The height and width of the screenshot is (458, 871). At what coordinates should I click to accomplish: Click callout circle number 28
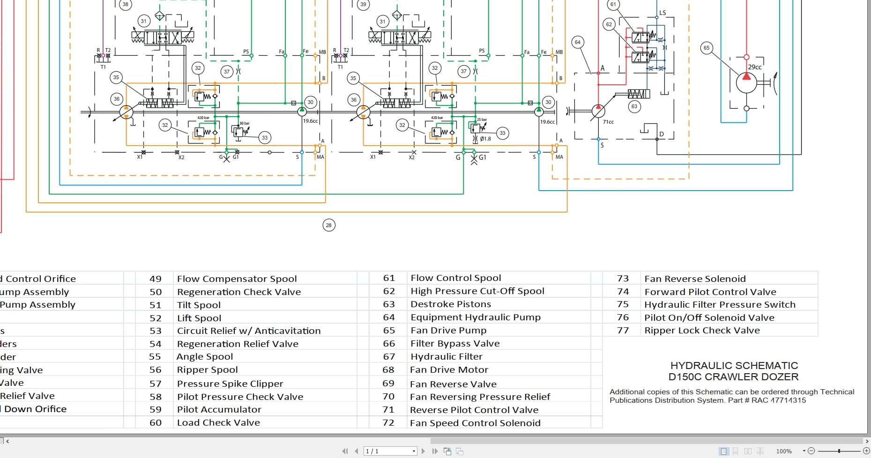tap(328, 225)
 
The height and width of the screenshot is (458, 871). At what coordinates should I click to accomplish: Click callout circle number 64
tap(578, 42)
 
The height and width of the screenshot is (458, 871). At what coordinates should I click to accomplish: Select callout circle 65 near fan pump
tap(707, 48)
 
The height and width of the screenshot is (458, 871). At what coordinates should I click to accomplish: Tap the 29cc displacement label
tap(754, 67)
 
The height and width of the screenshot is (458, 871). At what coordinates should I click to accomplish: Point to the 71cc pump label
tap(608, 122)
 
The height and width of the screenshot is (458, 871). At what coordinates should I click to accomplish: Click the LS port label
tap(663, 13)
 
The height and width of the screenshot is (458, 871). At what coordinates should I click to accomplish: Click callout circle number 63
tap(634, 106)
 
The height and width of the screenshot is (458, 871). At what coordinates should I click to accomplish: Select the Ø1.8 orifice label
tap(485, 139)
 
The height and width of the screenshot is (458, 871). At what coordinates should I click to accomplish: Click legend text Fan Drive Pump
tap(448, 330)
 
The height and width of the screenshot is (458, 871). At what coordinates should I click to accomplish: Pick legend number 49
tap(156, 279)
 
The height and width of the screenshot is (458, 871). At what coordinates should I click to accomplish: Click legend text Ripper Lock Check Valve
tap(702, 330)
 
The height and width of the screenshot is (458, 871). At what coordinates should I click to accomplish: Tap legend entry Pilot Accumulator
tap(219, 409)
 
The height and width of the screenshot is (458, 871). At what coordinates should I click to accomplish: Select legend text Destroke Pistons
tap(451, 304)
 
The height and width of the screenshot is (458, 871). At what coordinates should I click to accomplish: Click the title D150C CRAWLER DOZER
tap(733, 377)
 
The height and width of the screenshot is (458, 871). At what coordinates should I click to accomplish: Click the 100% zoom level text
tap(784, 451)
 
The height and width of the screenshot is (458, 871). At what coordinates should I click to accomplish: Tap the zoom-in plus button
tap(866, 451)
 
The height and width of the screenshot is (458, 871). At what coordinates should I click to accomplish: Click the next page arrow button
tap(423, 451)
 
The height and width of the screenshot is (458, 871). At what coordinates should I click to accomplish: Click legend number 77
tap(623, 330)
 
